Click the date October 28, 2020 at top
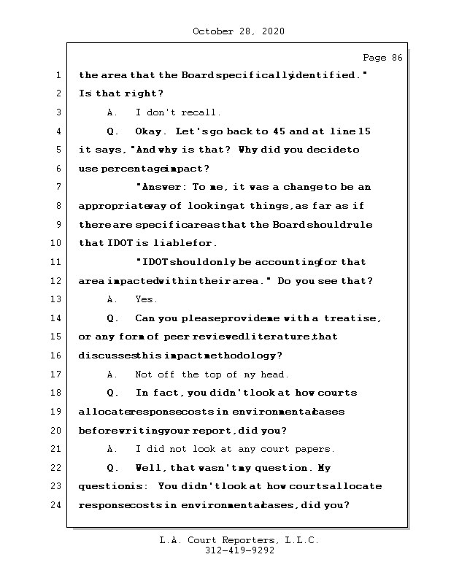coord(239,31)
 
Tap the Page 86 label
coord(382,58)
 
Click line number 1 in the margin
coord(57,75)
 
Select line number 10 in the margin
coord(57,243)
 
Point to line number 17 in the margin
coord(57,374)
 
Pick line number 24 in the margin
coord(57,505)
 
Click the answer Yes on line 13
coord(146,299)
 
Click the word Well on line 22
coord(150,468)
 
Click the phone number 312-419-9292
coord(239,552)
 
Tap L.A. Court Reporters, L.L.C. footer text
coord(239,541)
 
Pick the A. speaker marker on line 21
coord(112,449)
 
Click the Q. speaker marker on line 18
coord(112,393)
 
